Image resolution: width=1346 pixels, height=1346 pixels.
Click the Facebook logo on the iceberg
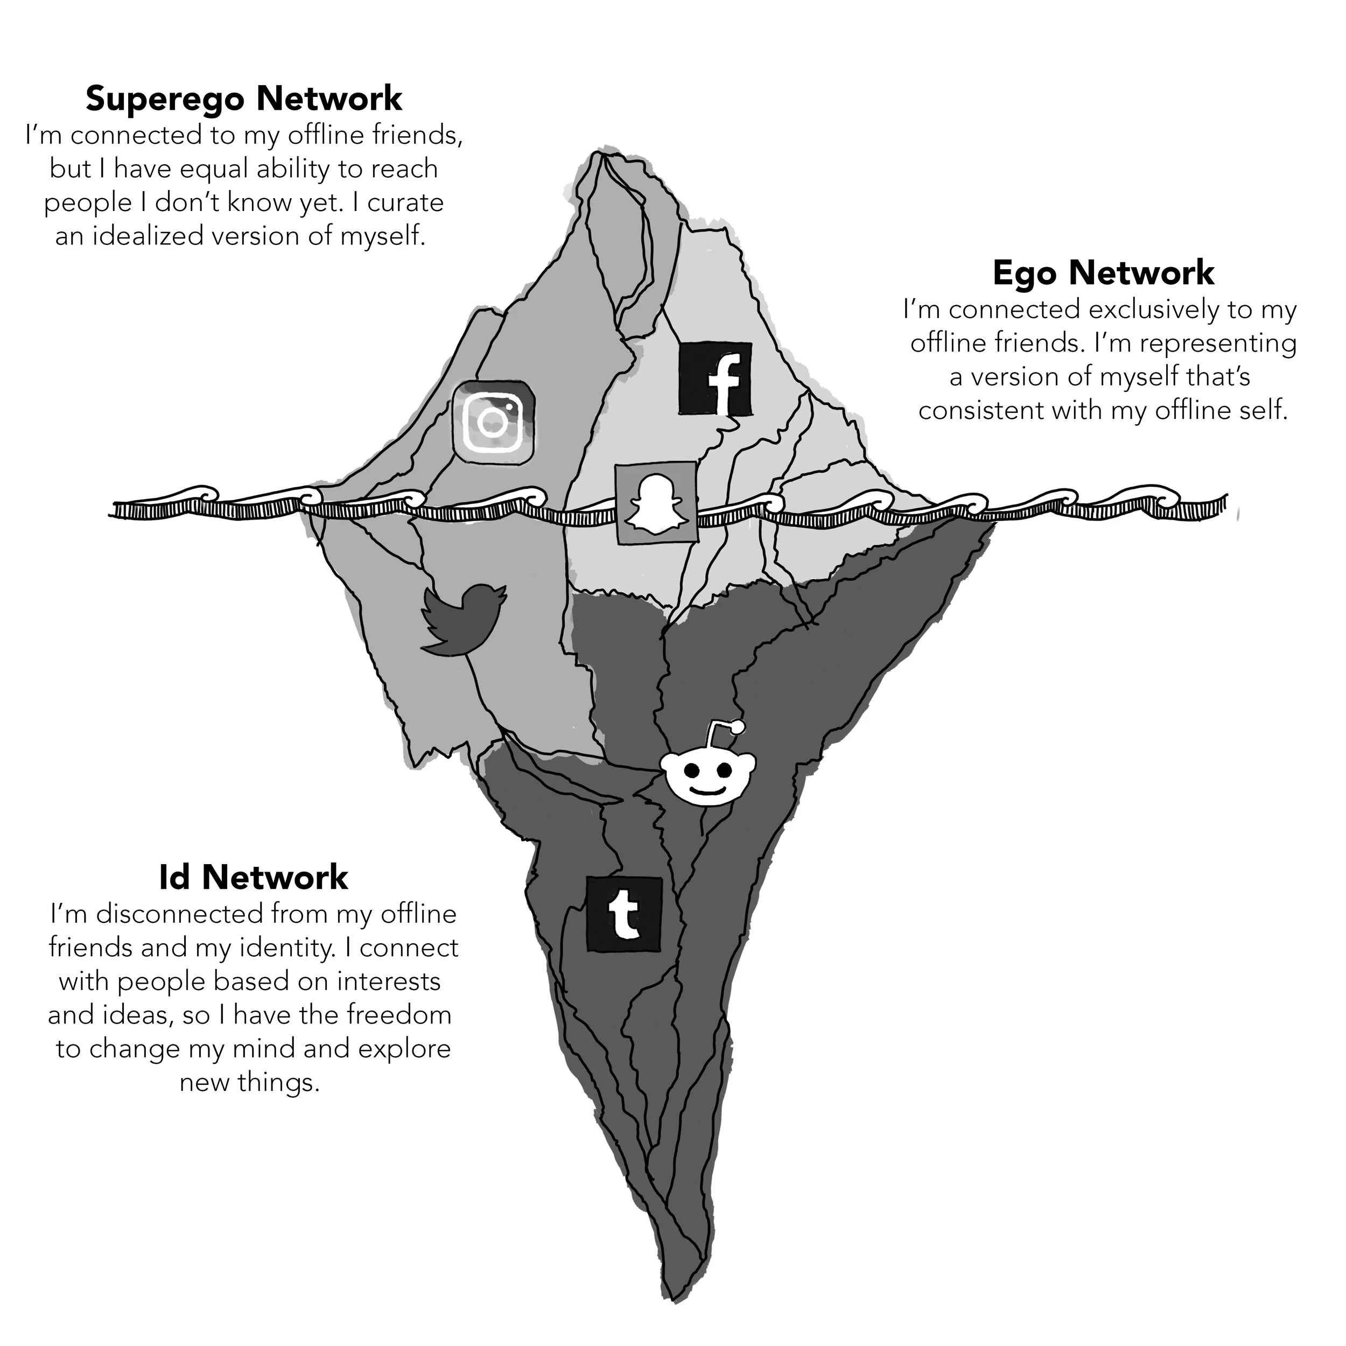click(x=715, y=379)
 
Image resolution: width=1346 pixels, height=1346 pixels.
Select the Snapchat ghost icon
click(x=656, y=503)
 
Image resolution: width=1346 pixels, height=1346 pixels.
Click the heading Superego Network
click(x=244, y=99)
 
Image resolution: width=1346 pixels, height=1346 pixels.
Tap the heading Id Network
click(x=254, y=877)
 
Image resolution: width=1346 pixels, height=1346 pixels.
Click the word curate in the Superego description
click(x=405, y=203)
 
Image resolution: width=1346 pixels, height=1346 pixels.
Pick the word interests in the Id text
click(x=389, y=981)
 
